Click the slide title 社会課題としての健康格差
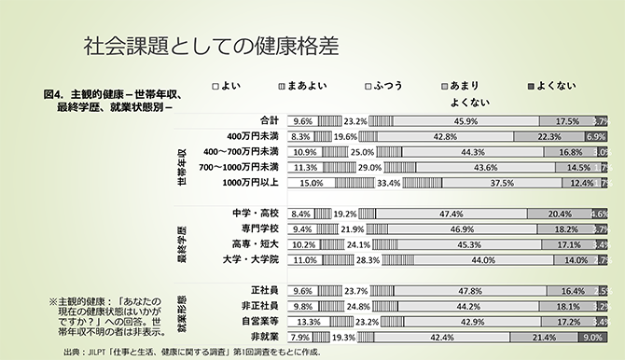point(210,45)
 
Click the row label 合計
point(270,120)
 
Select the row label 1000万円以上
point(249,183)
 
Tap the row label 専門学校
point(258,228)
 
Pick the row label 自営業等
point(258,320)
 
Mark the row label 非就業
point(264,336)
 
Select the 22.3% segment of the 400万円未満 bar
point(549,136)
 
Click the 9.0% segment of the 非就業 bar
point(592,337)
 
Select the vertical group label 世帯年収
point(183,159)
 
